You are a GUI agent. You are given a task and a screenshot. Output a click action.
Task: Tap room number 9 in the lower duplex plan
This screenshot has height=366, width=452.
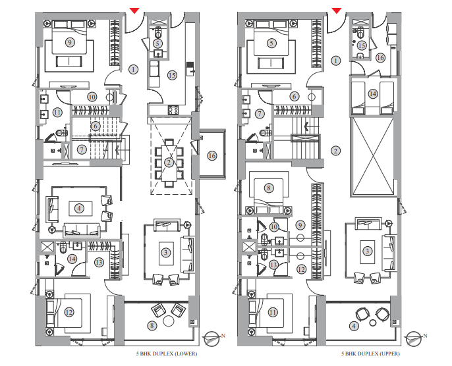(x=69, y=42)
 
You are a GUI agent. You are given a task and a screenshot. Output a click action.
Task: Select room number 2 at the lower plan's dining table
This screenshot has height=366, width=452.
(x=169, y=163)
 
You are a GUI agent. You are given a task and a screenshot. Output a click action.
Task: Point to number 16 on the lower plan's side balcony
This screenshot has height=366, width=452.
(x=212, y=155)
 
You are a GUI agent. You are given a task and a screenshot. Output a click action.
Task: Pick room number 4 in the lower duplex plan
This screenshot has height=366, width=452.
(x=79, y=208)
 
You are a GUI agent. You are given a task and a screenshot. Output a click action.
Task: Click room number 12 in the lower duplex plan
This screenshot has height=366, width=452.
(x=69, y=311)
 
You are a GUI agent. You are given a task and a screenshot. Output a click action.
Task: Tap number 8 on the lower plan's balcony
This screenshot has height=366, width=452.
(x=152, y=325)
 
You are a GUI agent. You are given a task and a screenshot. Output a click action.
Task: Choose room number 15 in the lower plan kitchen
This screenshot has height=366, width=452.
(x=172, y=75)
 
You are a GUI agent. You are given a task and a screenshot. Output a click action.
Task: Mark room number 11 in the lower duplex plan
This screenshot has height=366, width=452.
(x=58, y=112)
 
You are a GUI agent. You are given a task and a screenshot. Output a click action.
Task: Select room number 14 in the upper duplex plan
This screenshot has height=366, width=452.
(x=373, y=94)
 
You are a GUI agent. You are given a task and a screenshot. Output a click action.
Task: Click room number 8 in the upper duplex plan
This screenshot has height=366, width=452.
(x=269, y=188)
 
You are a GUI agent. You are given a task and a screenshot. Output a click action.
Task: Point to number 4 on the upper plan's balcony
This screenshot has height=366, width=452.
(x=354, y=325)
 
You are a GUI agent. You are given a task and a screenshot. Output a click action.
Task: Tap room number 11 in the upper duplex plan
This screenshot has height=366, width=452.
(x=272, y=311)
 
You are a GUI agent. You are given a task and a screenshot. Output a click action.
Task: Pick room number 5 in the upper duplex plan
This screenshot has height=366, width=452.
(x=271, y=43)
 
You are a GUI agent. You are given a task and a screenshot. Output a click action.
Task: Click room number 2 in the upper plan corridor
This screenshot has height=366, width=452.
(x=336, y=151)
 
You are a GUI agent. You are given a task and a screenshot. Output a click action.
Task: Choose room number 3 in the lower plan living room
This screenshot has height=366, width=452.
(x=166, y=251)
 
